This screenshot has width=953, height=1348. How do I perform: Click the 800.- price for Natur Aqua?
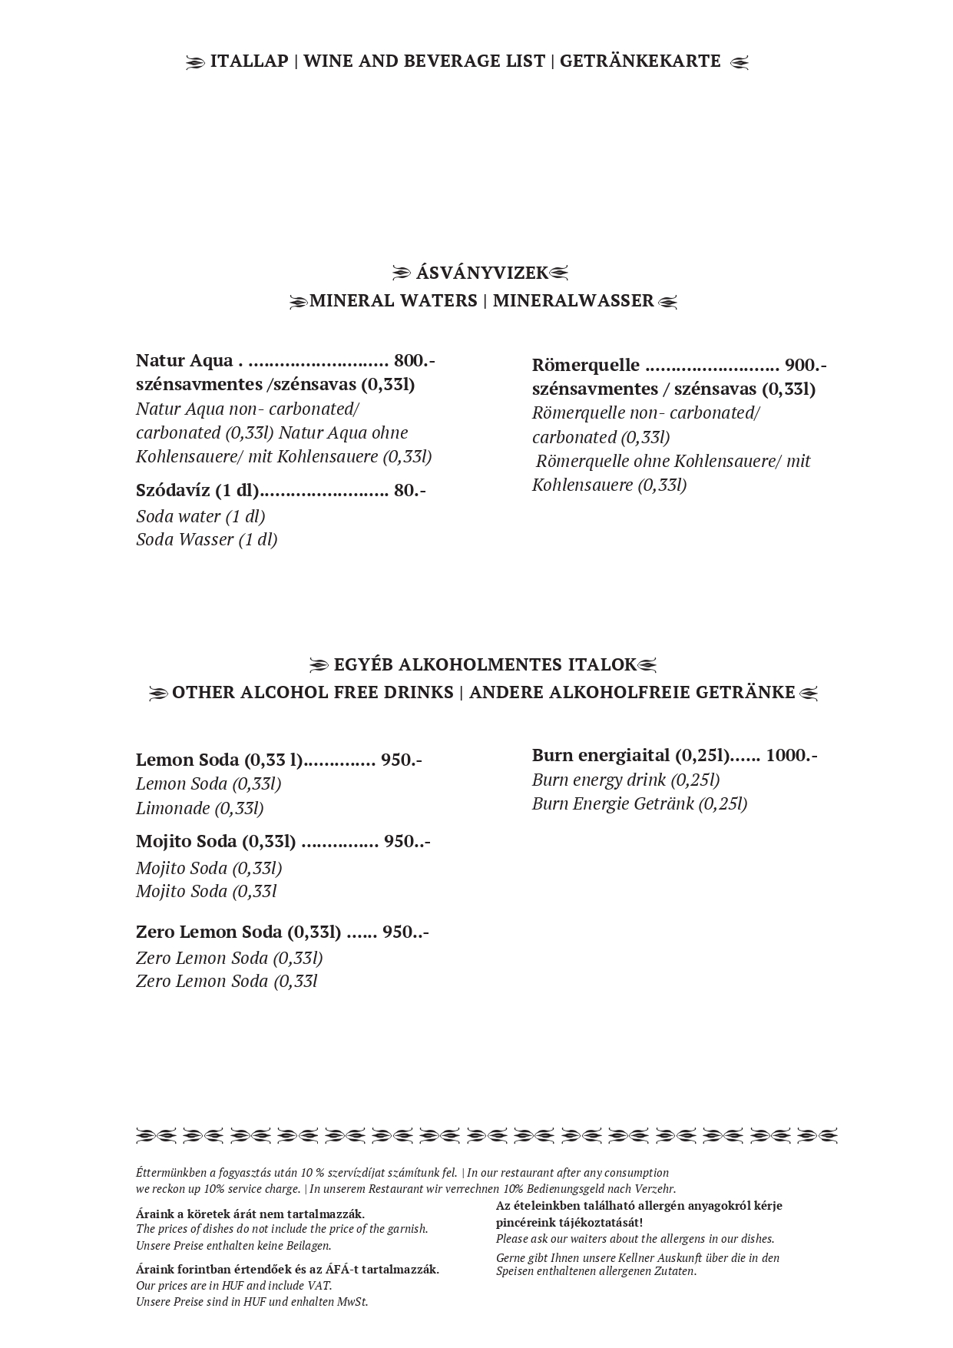coord(414,360)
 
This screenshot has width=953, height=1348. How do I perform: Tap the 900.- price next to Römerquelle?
coord(806,365)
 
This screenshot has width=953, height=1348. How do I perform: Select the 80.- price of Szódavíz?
coord(409,490)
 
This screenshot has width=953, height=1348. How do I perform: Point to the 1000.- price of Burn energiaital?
coord(791,755)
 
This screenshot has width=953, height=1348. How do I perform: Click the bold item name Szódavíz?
coord(173,490)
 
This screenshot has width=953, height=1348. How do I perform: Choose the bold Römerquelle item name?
coord(585,365)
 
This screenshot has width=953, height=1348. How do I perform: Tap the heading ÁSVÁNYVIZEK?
coord(481,273)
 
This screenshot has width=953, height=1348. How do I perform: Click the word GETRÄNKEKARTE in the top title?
coord(640,61)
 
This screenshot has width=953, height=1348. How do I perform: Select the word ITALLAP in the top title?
coord(249,61)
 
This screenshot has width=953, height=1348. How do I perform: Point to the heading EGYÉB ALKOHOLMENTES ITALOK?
coord(485,664)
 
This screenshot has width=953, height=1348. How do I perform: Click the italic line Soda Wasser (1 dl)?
coord(207,539)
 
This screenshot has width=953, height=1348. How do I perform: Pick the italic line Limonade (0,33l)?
coord(200,808)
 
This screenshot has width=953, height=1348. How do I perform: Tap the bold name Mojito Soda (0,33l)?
coord(216,842)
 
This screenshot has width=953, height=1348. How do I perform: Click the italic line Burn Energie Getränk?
coord(639,803)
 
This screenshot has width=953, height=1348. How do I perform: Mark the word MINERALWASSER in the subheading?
coord(573,300)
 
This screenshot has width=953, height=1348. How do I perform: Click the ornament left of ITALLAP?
coord(196,63)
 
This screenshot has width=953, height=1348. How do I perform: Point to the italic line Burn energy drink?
coord(625,780)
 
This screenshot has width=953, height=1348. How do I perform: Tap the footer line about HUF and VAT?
coord(233,1285)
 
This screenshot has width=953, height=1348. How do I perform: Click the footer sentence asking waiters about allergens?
coord(634,1238)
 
